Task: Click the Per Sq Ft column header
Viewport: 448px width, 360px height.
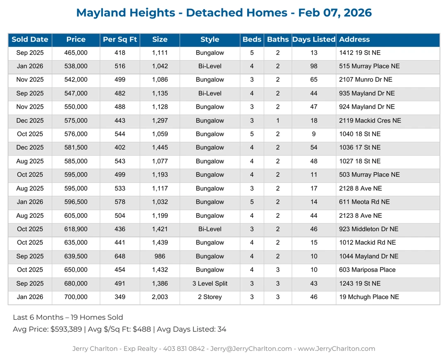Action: [119, 40]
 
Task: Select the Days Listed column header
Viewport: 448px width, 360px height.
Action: [314, 40]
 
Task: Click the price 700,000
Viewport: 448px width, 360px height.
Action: [76, 297]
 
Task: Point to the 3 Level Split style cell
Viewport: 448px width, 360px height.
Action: [209, 284]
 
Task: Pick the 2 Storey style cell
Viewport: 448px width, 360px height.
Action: [209, 297]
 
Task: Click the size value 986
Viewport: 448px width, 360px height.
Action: [160, 256]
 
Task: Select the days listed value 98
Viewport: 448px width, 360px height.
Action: [314, 66]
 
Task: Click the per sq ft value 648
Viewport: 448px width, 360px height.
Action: [119, 256]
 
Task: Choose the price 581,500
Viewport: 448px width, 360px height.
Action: [76, 148]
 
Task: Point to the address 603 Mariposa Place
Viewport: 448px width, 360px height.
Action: [367, 270]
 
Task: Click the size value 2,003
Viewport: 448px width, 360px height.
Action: [160, 297]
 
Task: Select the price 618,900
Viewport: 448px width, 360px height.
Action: [76, 229]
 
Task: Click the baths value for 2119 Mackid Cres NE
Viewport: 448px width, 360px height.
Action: [278, 121]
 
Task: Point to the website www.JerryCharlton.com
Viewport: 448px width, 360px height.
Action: [336, 349]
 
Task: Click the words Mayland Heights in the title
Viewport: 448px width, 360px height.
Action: [126, 13]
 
